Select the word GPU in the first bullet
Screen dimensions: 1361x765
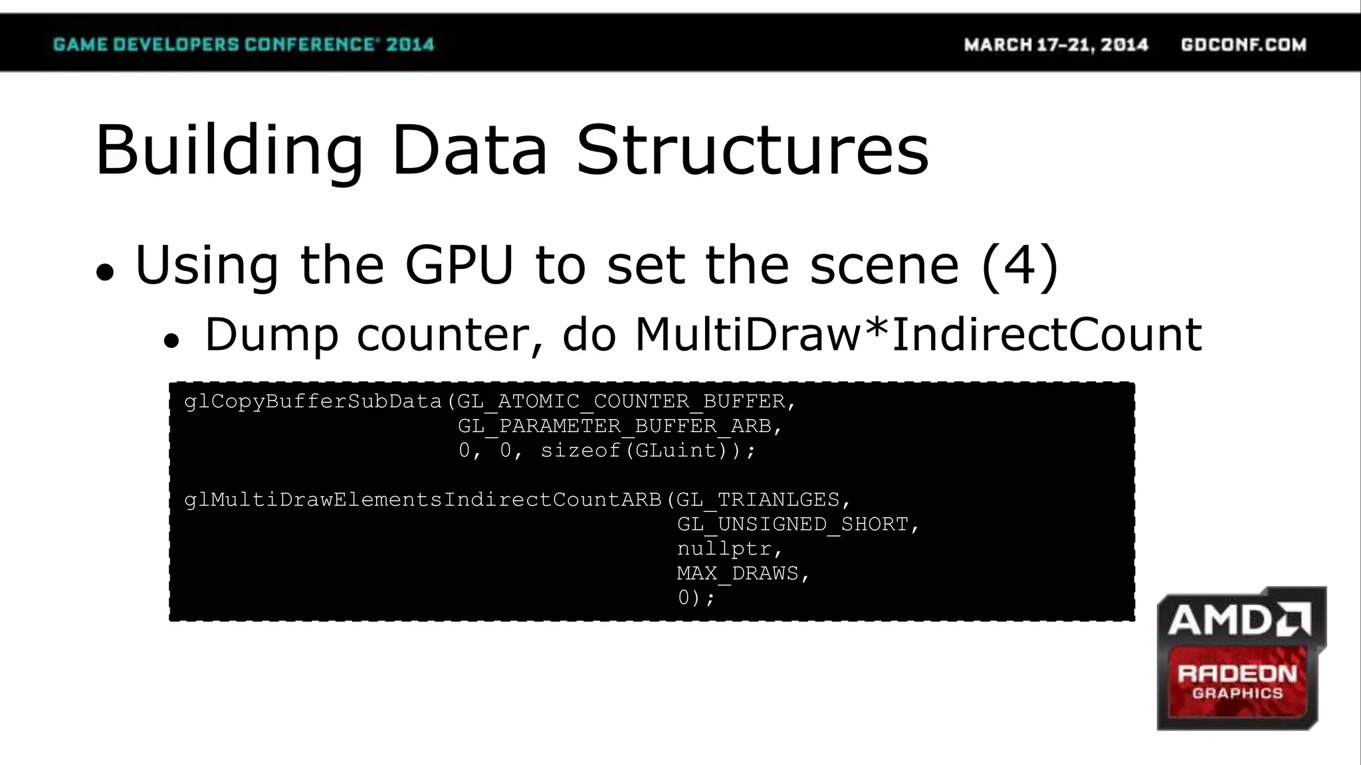coord(459,265)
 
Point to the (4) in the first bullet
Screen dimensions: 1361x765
coord(1019,265)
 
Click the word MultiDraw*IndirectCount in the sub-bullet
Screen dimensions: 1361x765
coord(918,334)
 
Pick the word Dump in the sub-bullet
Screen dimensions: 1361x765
coord(271,334)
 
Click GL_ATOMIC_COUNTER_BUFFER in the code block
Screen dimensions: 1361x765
coord(621,402)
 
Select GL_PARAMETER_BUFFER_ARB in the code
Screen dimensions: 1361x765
coord(615,426)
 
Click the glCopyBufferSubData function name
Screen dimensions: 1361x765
coord(313,402)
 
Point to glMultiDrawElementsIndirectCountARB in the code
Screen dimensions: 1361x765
coord(423,500)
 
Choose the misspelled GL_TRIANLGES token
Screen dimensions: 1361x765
coord(758,500)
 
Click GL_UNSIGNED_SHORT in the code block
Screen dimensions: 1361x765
coord(793,525)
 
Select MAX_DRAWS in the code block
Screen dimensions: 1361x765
coord(738,574)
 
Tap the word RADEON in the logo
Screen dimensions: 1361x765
coord(1237,674)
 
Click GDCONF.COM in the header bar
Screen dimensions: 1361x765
coord(1243,44)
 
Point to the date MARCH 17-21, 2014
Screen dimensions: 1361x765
coord(1056,44)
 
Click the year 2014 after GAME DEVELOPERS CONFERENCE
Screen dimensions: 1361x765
coord(410,44)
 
